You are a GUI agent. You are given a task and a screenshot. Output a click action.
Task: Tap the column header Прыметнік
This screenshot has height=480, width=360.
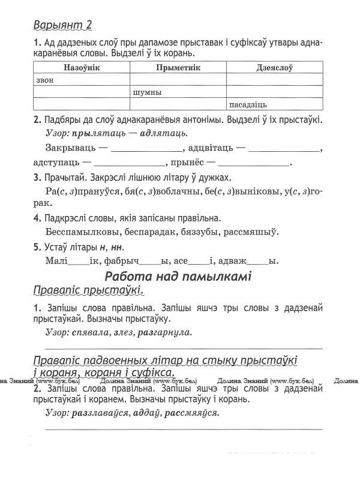tap(178, 68)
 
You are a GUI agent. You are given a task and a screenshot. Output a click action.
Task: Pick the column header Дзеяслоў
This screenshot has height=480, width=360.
tap(274, 68)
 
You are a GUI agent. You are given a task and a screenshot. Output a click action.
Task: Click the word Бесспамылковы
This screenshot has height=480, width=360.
tap(83, 231)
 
